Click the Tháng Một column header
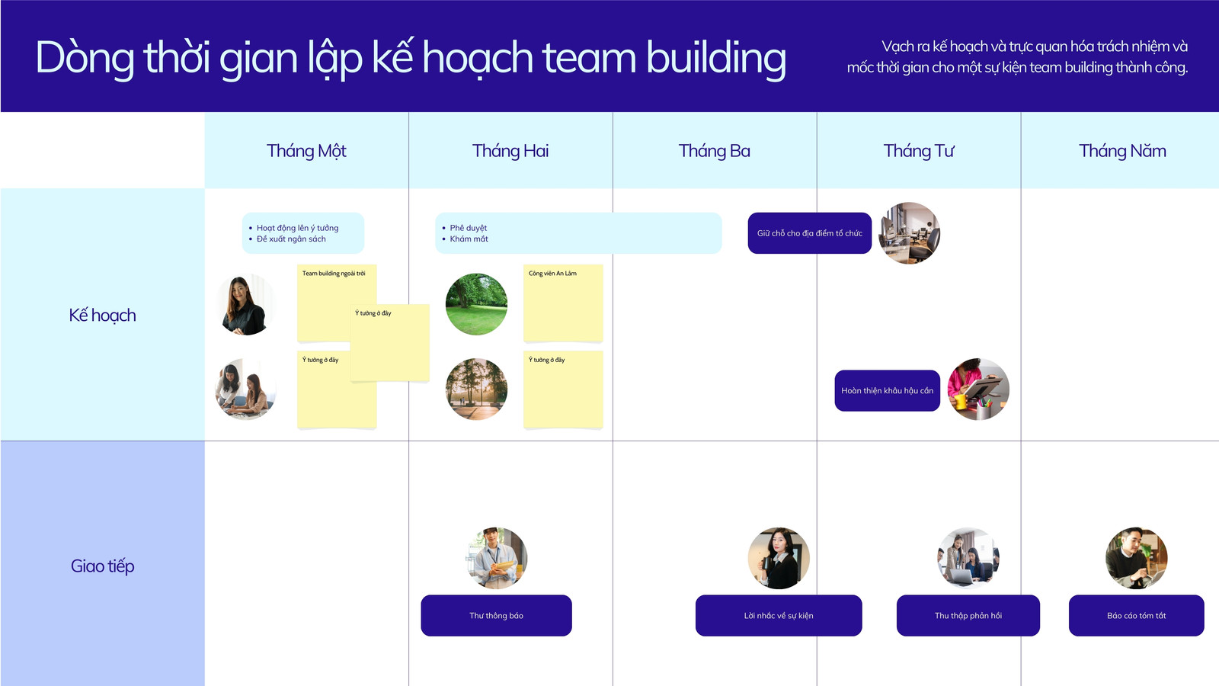click(306, 151)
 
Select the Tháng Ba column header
click(714, 151)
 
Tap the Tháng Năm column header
click(1122, 151)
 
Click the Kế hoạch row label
click(102, 316)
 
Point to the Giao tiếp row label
click(102, 566)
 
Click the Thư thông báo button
click(496, 615)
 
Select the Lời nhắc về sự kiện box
click(778, 615)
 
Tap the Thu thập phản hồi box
click(968, 615)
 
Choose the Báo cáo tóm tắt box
click(1136, 615)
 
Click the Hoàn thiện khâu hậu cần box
click(887, 390)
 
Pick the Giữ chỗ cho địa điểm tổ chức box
click(809, 233)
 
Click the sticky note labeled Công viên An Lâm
click(563, 303)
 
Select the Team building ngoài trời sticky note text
click(334, 274)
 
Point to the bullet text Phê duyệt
click(468, 228)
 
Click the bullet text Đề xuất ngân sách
click(291, 239)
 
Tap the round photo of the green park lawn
click(476, 304)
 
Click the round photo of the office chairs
click(909, 233)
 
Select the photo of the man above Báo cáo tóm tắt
click(1136, 558)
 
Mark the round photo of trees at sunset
click(476, 389)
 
